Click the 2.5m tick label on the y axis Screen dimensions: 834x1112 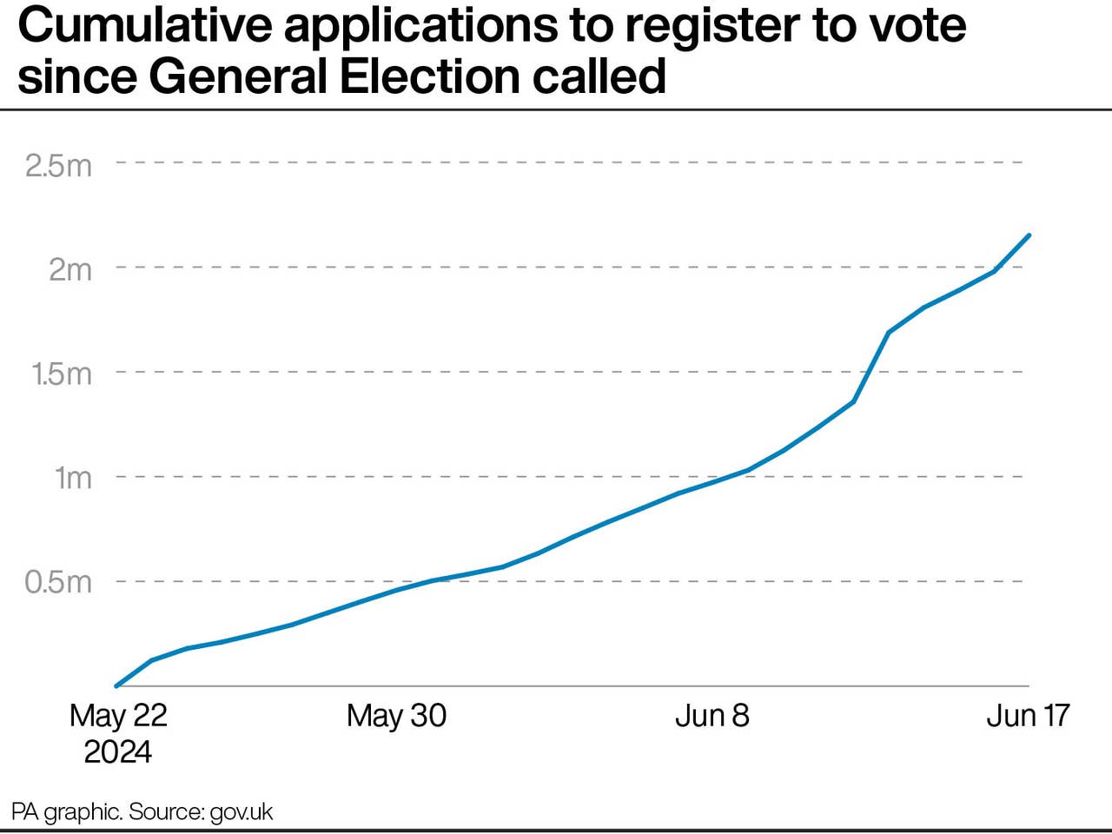click(58, 165)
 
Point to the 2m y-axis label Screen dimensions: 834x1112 click(69, 269)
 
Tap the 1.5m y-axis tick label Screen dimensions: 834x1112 click(61, 374)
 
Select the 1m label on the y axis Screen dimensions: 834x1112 click(73, 478)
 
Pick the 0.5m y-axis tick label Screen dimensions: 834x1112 click(58, 582)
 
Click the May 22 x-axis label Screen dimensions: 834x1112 click(118, 715)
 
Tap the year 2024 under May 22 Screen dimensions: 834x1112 click(118, 751)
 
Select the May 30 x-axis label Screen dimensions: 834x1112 click(396, 715)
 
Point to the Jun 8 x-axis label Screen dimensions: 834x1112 click(712, 715)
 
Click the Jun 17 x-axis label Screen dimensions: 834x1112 click(1028, 715)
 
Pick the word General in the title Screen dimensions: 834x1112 click(238, 76)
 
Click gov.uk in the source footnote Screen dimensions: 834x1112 click(242, 812)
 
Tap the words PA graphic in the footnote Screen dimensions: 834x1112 click(66, 812)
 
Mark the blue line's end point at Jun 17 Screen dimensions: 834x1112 click(1029, 235)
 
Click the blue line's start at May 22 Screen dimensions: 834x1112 click(116, 685)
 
